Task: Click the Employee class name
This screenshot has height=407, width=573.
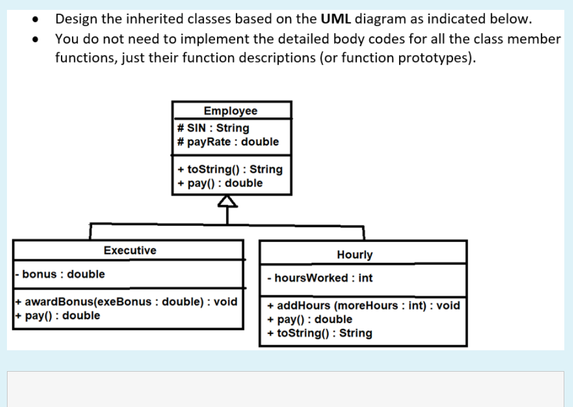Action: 231,111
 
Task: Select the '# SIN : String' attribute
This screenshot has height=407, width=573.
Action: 213,128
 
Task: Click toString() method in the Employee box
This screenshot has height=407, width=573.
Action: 230,170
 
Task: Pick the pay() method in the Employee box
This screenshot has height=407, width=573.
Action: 220,184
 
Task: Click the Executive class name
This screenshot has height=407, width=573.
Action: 129,251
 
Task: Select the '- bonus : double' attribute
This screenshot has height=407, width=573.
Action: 60,274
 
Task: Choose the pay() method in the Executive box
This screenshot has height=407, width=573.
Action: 57,316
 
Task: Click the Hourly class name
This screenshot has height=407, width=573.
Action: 354,255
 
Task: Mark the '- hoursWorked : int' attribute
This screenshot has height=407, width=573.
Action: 320,278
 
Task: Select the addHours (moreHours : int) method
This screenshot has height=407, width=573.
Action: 363,306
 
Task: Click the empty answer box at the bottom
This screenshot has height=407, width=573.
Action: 285,389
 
